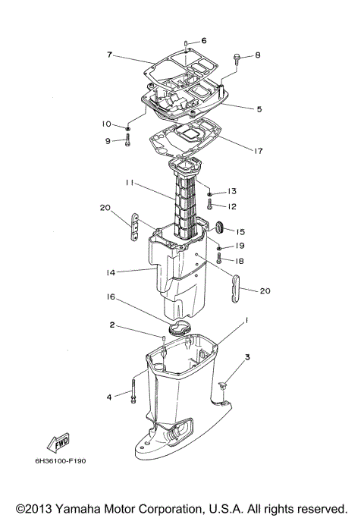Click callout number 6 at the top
pyautogui.click(x=203, y=40)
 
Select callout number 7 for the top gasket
pyautogui.click(x=109, y=55)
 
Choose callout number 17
pyautogui.click(x=259, y=150)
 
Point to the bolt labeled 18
pyautogui.click(x=218, y=259)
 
